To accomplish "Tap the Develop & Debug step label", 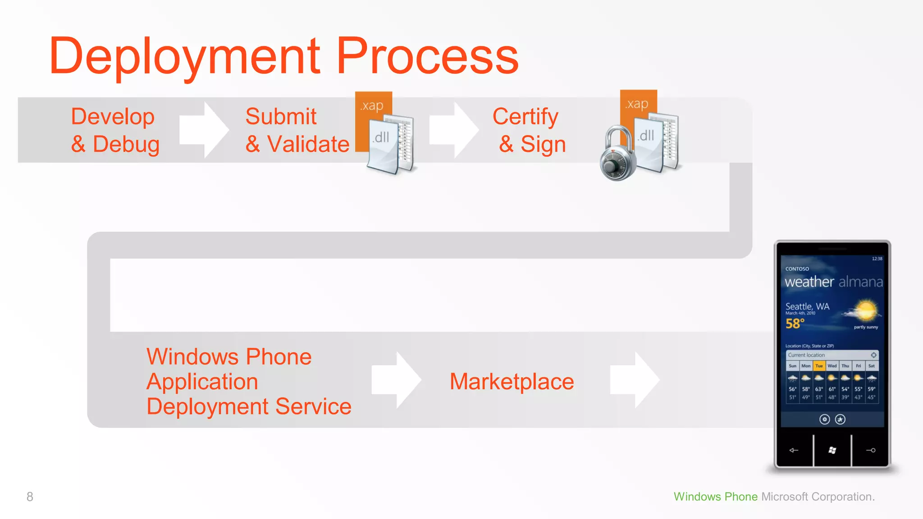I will (x=115, y=130).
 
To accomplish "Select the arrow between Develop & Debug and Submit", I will (x=204, y=130).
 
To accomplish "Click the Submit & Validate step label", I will (x=297, y=130).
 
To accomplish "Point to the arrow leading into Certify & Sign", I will (x=453, y=130).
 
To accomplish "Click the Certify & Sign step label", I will (x=529, y=130).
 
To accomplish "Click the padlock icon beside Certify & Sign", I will (x=617, y=155).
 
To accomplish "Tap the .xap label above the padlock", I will (x=637, y=104).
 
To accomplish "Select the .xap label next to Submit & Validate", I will (x=372, y=105).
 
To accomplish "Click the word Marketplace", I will (x=512, y=382).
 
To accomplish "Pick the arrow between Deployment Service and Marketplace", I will (x=396, y=380).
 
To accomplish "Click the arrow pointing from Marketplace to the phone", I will (x=635, y=380).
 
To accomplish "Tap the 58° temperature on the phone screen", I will (x=795, y=323).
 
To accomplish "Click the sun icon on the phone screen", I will (x=865, y=310).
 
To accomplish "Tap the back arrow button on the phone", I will (x=794, y=450).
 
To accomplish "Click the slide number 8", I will (x=30, y=496).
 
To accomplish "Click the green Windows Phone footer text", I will (x=715, y=496).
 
